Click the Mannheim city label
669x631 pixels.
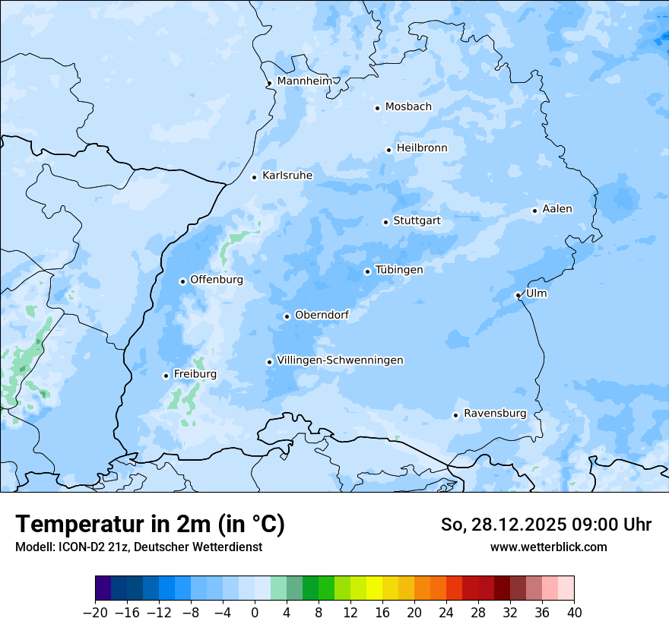[x=305, y=81]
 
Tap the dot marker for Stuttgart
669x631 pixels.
[x=385, y=222]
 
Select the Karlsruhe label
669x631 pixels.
[x=287, y=176]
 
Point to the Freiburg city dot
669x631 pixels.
[x=166, y=376]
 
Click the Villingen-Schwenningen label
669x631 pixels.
[x=340, y=360]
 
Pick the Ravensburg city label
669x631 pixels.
[x=495, y=414]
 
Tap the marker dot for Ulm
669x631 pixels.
[x=518, y=295]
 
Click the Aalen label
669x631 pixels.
[x=557, y=209]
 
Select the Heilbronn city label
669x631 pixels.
[x=422, y=148]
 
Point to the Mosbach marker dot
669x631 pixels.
[x=377, y=108]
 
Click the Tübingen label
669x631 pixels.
[x=399, y=270]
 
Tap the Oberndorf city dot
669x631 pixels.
[x=287, y=316]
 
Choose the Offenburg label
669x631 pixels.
[x=217, y=280]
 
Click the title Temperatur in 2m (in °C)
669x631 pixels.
[x=151, y=525]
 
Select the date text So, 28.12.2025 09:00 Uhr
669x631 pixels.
[x=546, y=525]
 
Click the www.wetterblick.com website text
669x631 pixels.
[x=548, y=547]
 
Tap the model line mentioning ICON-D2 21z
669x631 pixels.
[x=138, y=547]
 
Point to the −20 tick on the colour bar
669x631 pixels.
[x=95, y=613]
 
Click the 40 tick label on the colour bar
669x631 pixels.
[x=574, y=613]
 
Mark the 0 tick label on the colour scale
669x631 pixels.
[x=255, y=613]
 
